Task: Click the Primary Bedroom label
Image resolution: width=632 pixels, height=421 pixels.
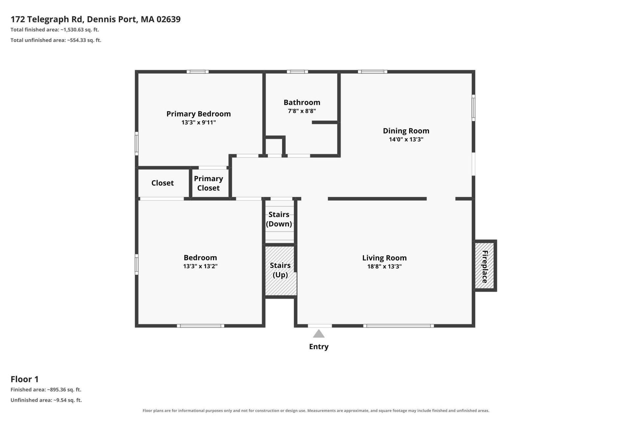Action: point(198,114)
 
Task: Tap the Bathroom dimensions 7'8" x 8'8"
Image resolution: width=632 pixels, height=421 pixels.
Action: point(302,111)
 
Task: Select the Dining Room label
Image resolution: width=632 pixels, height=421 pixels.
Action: point(406,131)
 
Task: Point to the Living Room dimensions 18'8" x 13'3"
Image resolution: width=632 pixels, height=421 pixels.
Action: point(384,266)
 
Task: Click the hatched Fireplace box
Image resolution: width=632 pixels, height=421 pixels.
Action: point(485,266)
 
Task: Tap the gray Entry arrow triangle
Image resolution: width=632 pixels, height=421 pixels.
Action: point(319,334)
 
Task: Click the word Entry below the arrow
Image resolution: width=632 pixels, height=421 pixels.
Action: point(319,347)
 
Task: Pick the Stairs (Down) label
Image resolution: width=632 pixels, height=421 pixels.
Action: point(279,219)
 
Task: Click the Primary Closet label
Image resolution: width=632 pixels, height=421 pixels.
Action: point(208,183)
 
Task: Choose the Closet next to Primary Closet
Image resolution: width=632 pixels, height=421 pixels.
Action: point(163,183)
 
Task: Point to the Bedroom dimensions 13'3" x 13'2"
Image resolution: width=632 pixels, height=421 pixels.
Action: point(200,266)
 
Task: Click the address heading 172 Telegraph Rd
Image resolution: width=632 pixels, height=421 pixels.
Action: point(47,19)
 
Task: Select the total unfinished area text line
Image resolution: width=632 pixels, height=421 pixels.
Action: point(56,40)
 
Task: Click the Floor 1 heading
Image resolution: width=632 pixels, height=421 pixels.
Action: point(25,379)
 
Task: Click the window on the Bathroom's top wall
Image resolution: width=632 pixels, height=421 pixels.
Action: point(297,72)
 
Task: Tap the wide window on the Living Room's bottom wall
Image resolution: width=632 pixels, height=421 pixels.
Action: point(399,326)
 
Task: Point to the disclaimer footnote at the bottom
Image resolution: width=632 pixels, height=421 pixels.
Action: point(316,410)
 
